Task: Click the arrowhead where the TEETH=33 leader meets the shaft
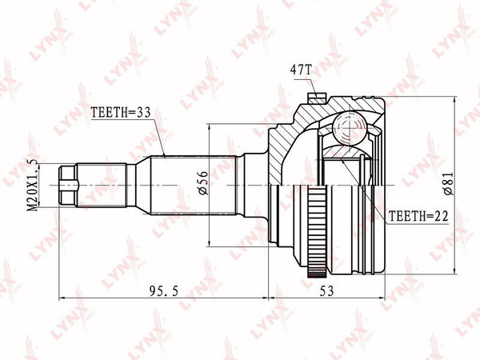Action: point(164,154)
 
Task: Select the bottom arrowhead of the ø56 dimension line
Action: point(210,244)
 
